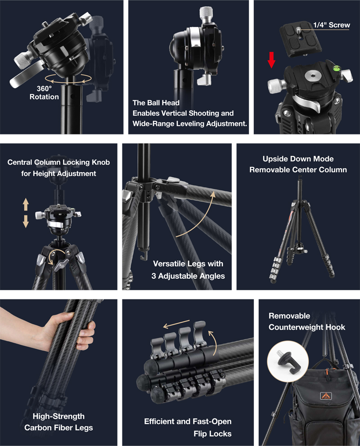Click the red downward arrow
click(271, 60)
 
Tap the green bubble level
click(337, 68)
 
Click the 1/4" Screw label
click(332, 25)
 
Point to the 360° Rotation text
click(44, 93)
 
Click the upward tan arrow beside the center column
click(26, 204)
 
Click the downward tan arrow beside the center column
click(26, 221)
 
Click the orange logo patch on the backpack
click(326, 396)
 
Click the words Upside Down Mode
click(298, 159)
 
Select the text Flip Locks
click(212, 433)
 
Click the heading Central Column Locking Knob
click(58, 162)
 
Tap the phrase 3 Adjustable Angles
click(188, 276)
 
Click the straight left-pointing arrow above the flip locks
click(176, 324)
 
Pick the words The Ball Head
click(156, 103)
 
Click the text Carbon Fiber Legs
click(58, 428)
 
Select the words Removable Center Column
click(298, 170)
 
